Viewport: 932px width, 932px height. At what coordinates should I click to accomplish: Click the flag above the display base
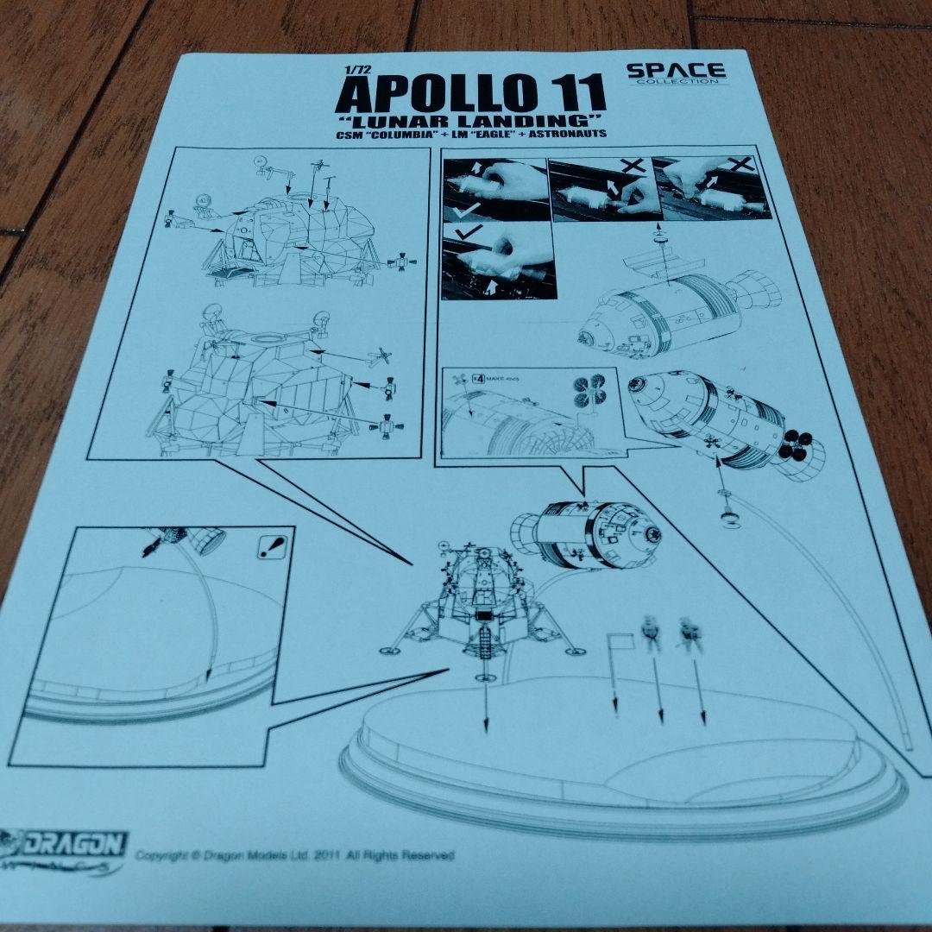(620, 641)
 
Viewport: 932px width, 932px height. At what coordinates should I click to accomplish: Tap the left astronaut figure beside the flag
(652, 633)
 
